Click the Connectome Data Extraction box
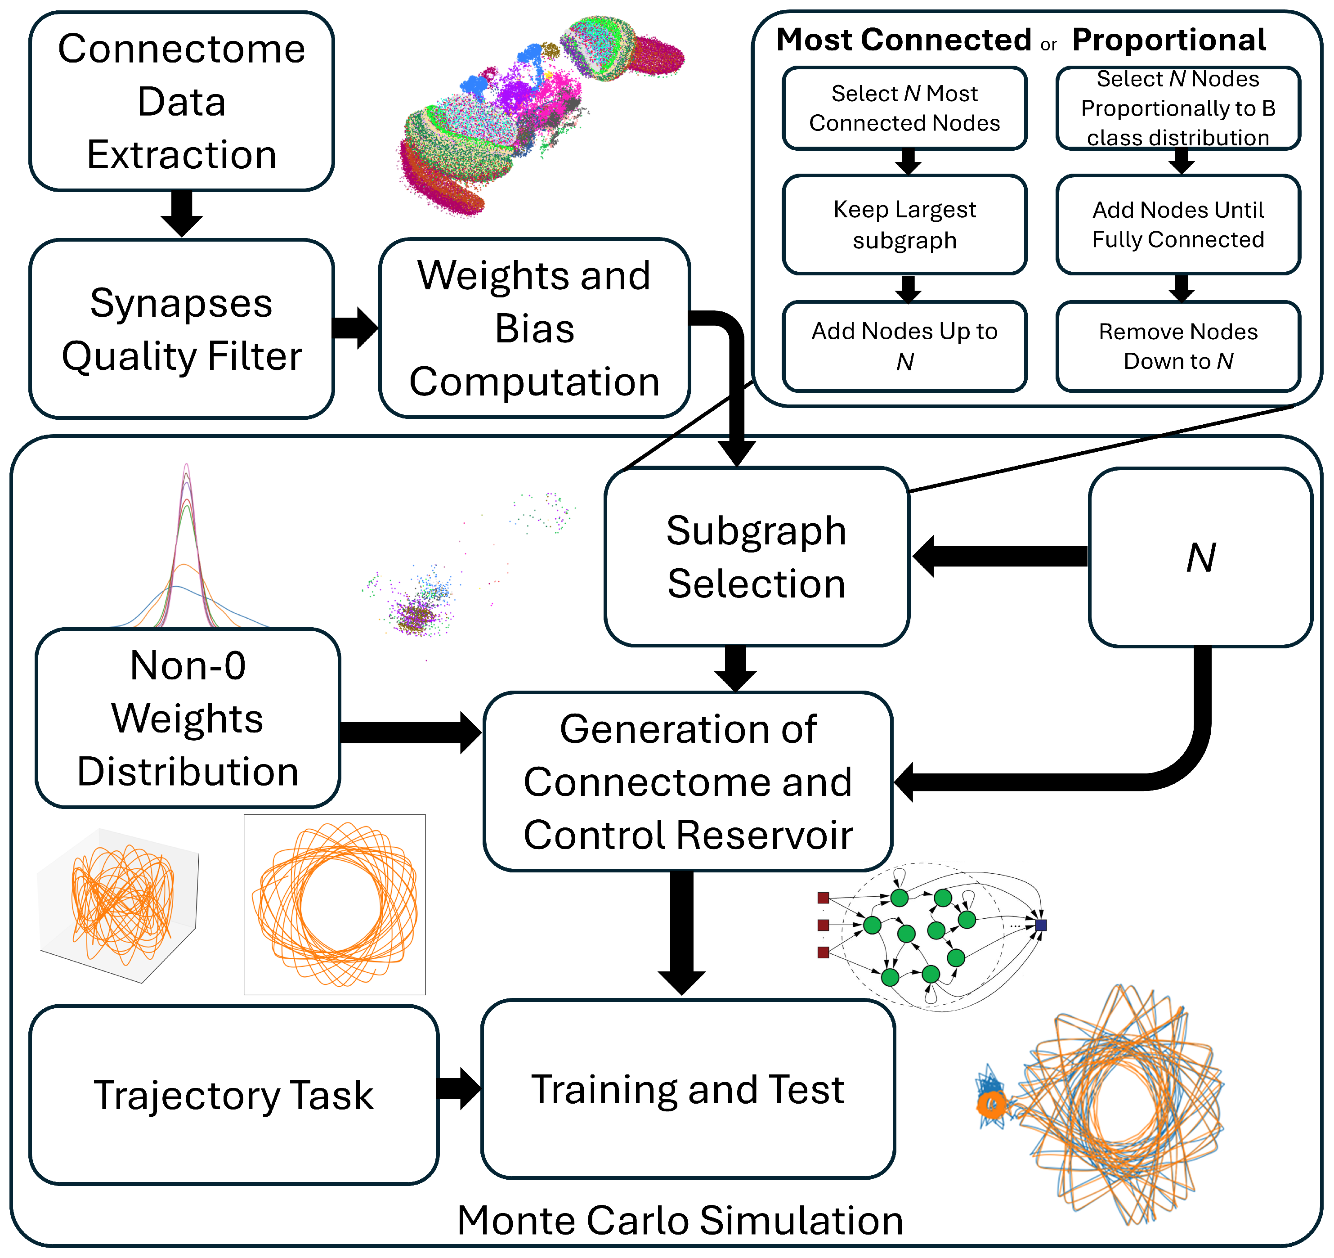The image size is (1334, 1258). [181, 101]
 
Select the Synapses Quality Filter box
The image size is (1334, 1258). [181, 329]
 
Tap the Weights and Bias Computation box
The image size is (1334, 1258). [534, 329]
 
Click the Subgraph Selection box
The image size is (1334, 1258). [756, 557]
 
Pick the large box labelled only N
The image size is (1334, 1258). [1200, 557]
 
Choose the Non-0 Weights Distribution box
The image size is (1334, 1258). [188, 718]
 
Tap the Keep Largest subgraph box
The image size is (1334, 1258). [904, 225]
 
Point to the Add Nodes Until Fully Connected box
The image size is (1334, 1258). [1178, 225]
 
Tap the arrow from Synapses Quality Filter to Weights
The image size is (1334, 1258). [356, 328]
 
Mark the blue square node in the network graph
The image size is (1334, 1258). [1041, 925]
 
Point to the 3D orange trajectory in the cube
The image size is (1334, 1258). [121, 903]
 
